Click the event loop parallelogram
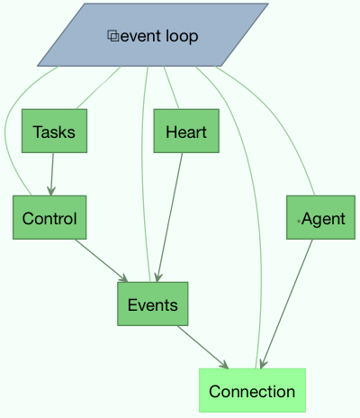point(153,35)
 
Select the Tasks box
point(54,131)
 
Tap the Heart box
point(186,131)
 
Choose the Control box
point(49,217)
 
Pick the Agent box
point(320,217)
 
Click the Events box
point(153,304)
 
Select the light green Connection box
point(252,390)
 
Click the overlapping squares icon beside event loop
point(113,36)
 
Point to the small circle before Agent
point(299,222)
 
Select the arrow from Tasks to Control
point(52,174)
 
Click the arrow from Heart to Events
point(169,217)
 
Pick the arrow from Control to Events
point(102,260)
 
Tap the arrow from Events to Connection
point(202,347)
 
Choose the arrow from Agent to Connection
point(287,304)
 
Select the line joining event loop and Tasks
point(99,87)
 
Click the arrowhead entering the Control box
point(51,191)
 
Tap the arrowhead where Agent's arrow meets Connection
point(263,364)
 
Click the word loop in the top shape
point(182,37)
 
